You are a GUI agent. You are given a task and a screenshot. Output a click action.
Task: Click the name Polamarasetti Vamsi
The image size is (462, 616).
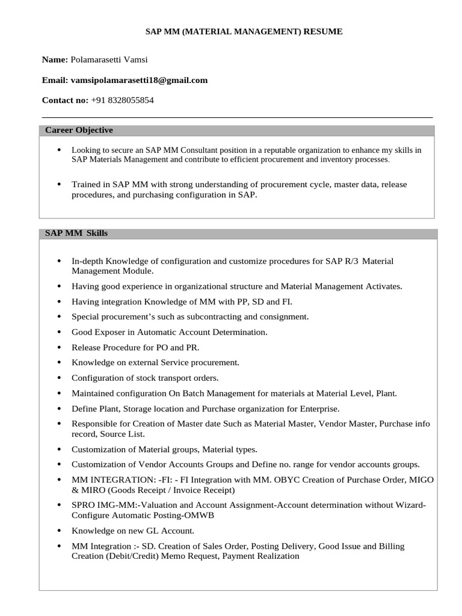point(109,60)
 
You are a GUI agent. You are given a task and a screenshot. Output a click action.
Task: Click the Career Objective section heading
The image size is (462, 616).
point(79,131)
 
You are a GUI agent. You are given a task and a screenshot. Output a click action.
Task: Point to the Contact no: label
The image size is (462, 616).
point(65,100)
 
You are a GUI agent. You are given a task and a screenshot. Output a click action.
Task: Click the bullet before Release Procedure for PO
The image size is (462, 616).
point(58,348)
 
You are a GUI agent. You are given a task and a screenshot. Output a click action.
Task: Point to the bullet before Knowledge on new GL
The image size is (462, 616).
point(58,531)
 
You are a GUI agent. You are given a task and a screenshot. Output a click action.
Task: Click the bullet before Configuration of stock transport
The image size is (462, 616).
point(58,378)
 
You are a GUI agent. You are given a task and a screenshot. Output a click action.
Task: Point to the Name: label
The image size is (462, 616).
point(55,60)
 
